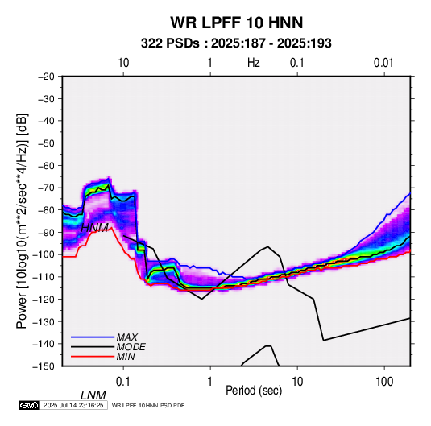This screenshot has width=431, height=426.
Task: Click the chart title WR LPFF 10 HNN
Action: click(237, 23)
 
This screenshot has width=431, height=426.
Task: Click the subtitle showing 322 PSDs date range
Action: click(236, 43)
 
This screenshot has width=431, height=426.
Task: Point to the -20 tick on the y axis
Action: click(46, 77)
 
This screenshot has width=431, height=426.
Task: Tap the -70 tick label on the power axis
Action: click(46, 188)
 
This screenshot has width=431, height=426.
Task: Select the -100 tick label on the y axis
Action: click(44, 254)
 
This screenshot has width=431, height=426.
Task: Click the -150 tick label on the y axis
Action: click(44, 366)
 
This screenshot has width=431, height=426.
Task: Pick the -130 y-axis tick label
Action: click(44, 322)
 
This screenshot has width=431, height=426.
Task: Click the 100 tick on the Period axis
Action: click(384, 382)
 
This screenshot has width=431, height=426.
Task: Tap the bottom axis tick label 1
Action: click(210, 382)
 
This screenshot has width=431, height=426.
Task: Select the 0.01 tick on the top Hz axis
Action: click(383, 63)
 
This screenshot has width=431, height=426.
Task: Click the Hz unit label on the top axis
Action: click(254, 63)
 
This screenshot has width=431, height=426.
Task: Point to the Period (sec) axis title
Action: click(254, 391)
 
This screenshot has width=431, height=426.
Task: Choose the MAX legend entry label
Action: click(127, 337)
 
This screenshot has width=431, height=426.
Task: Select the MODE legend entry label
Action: click(131, 347)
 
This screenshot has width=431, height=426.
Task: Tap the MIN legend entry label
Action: click(126, 357)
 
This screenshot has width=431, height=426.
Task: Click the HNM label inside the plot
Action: click(94, 228)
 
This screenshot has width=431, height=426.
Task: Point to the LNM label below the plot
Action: click(93, 395)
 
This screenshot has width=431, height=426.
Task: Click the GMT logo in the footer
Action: click(29, 405)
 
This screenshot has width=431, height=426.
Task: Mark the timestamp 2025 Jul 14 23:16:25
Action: click(73, 405)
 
